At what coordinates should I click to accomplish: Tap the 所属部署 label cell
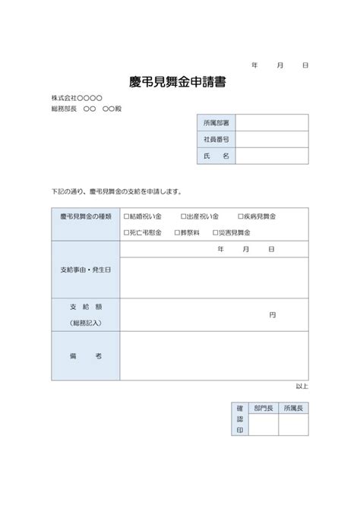click(x=216, y=122)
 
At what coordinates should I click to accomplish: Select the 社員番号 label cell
click(x=216, y=139)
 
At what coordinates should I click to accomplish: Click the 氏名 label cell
click(x=216, y=156)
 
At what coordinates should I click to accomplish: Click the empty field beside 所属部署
click(x=272, y=122)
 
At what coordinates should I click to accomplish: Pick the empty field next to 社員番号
click(x=272, y=139)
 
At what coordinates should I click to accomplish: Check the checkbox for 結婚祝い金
click(x=127, y=216)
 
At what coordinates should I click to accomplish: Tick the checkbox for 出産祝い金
click(x=183, y=216)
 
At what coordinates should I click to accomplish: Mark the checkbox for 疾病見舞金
click(x=241, y=216)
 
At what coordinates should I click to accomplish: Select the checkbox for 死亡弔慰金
click(x=127, y=232)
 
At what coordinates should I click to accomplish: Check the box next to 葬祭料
click(x=177, y=232)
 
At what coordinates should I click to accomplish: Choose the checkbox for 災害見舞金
click(x=216, y=232)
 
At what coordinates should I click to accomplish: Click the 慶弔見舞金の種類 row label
click(x=85, y=216)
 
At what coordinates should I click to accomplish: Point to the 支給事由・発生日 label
click(x=85, y=270)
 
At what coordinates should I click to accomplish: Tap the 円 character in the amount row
click(x=272, y=314)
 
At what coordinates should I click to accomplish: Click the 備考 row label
click(x=85, y=355)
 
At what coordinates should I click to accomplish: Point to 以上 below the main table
click(x=302, y=387)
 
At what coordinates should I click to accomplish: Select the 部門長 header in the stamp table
click(x=263, y=409)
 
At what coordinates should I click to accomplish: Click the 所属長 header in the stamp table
click(x=292, y=409)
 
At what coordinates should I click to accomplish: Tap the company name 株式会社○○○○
click(x=77, y=98)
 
